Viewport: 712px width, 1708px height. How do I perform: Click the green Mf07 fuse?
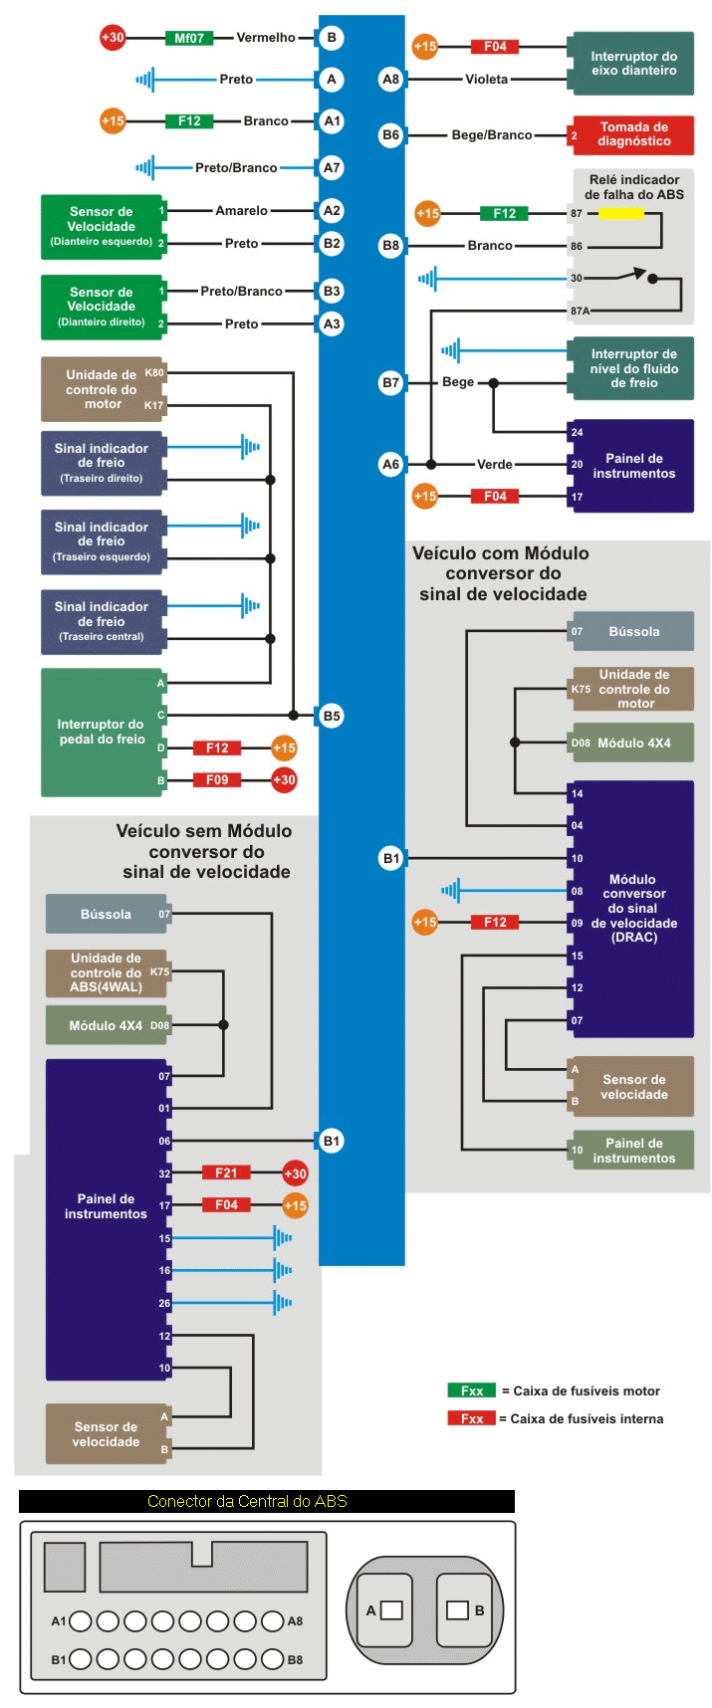(189, 38)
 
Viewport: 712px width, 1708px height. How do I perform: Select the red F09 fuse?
(217, 779)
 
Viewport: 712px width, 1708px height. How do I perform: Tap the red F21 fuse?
(226, 1173)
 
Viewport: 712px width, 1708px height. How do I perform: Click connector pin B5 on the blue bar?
(332, 715)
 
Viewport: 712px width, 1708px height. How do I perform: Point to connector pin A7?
(332, 167)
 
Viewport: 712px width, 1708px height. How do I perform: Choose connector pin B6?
(390, 134)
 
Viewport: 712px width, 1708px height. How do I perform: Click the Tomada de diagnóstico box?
(632, 134)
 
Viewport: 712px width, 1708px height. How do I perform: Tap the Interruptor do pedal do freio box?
(102, 732)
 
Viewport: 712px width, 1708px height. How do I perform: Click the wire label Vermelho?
(266, 38)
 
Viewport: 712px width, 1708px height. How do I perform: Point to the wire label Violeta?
(486, 79)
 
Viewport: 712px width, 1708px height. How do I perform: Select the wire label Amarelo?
(241, 210)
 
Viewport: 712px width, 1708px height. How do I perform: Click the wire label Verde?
(494, 464)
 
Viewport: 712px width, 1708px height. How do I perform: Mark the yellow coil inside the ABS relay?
(620, 213)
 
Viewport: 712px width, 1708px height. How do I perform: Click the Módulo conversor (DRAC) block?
(631, 908)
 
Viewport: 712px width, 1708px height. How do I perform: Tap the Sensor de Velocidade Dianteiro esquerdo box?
(101, 227)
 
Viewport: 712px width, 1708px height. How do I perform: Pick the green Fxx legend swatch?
(471, 1390)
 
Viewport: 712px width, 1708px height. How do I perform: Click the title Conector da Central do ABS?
(247, 1501)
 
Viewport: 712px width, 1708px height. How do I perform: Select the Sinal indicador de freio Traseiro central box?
(101, 621)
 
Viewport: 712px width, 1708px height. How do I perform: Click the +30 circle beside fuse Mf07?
(113, 38)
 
